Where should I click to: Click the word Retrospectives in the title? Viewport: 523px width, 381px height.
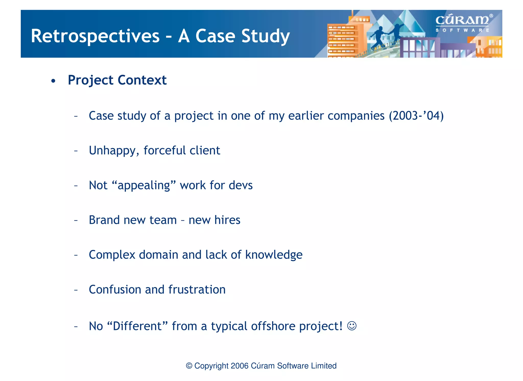(95, 36)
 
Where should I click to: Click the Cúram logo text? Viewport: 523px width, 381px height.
(462, 20)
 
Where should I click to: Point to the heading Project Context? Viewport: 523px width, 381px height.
(117, 80)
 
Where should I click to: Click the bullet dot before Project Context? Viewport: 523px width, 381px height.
(53, 81)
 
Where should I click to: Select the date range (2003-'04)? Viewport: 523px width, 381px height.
(416, 116)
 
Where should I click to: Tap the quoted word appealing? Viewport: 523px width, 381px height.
(144, 185)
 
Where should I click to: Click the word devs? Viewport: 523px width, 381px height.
(241, 185)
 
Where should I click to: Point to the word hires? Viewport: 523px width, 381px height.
(227, 220)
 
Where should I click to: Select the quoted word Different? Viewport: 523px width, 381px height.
(137, 326)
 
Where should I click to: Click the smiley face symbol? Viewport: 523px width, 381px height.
(352, 326)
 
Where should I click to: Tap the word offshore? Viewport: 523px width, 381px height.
(273, 326)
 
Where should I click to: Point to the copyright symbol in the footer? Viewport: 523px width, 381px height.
(189, 366)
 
